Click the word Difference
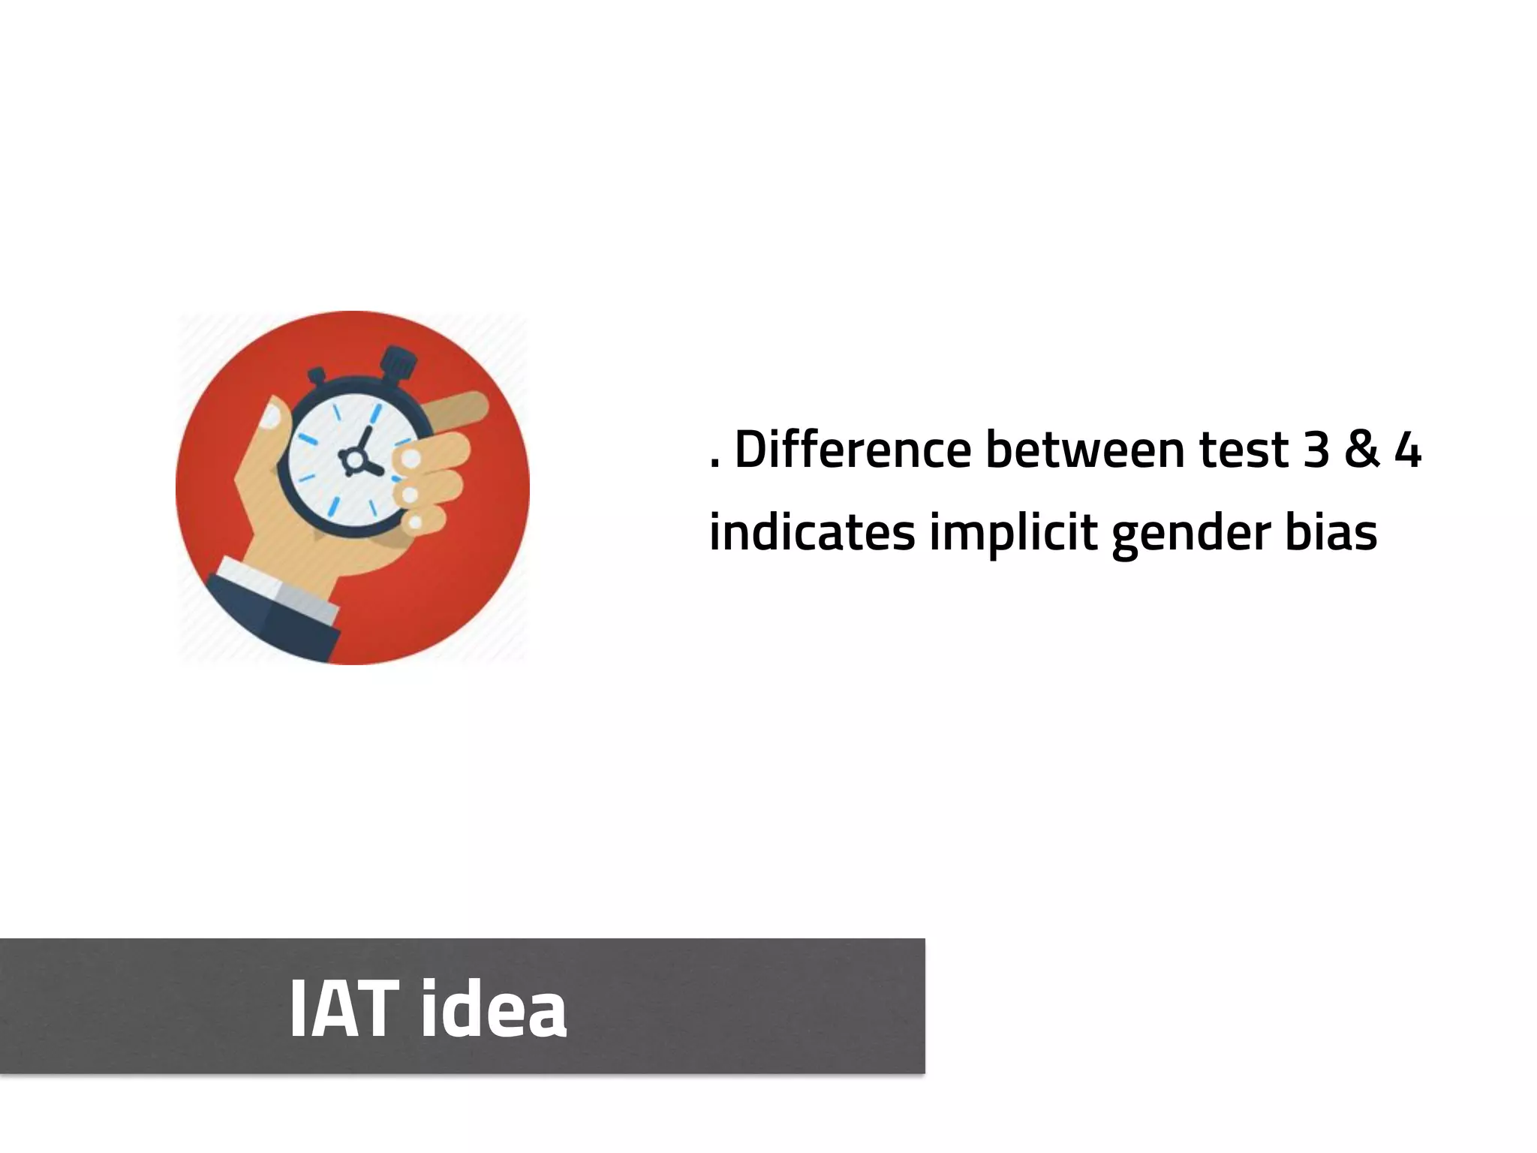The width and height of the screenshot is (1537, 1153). click(852, 450)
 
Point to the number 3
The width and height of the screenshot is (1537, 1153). click(1317, 450)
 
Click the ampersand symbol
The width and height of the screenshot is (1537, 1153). click(1361, 450)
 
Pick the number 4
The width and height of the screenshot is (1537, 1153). click(1407, 450)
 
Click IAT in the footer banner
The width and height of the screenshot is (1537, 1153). click(344, 1008)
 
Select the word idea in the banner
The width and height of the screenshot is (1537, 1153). click(493, 1008)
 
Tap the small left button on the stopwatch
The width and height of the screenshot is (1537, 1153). click(317, 375)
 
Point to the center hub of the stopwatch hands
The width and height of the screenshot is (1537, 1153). click(352, 457)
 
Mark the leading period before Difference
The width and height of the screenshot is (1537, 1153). click(714, 465)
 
